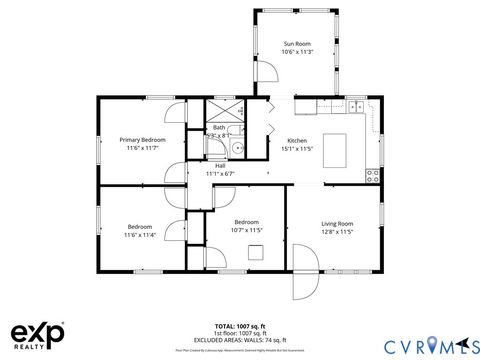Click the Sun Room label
[x=297, y=44]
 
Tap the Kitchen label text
[x=298, y=140]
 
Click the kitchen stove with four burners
[x=373, y=174]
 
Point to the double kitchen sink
[x=356, y=105]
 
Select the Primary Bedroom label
[x=141, y=140]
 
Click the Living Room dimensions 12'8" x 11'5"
[x=337, y=231]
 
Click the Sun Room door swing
[x=268, y=71]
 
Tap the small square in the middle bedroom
[x=256, y=250]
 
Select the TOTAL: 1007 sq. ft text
[x=239, y=326]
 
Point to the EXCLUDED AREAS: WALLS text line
[x=239, y=340]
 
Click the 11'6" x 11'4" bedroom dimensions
[x=140, y=234]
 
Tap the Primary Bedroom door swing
[x=174, y=112]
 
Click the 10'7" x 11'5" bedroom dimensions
[x=246, y=230]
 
